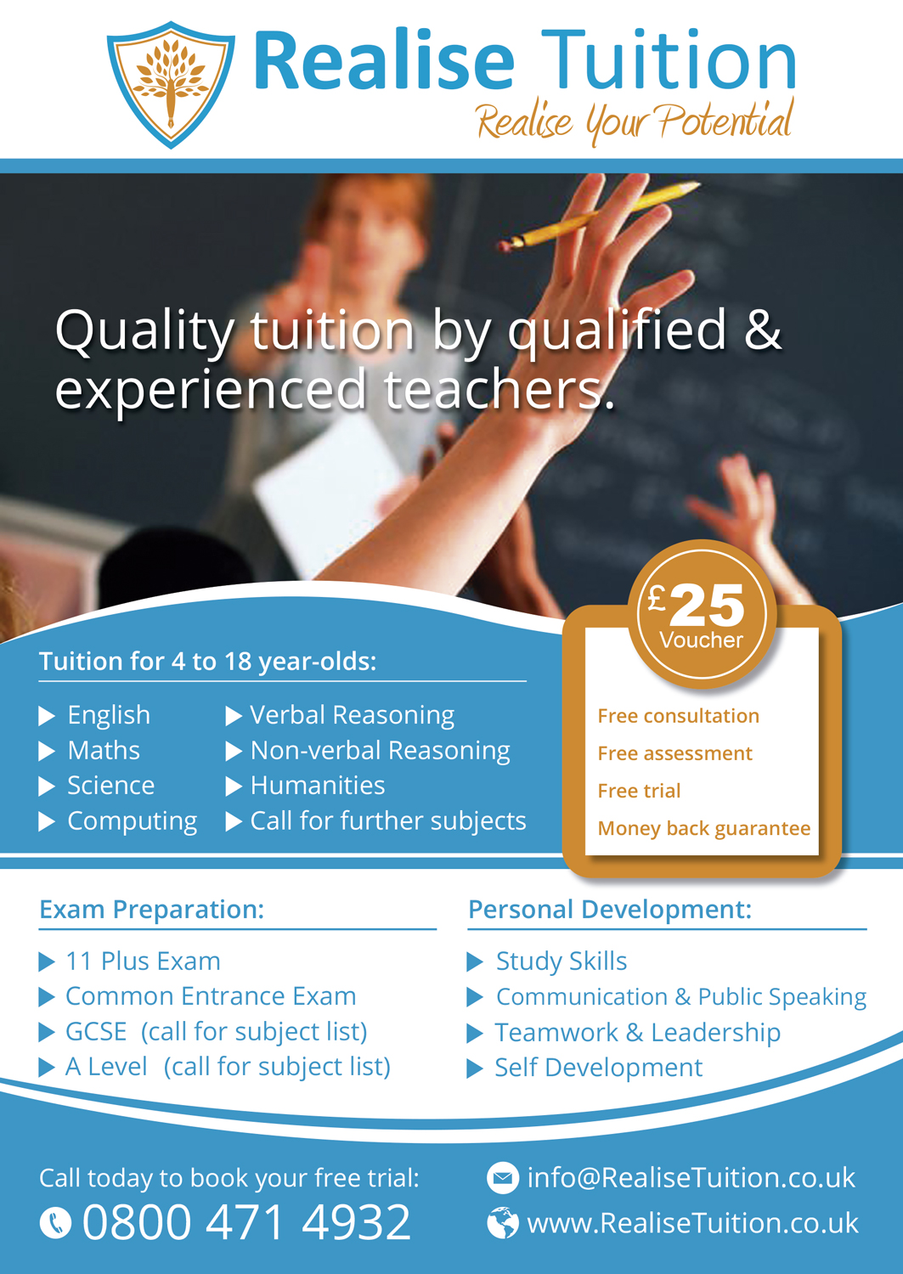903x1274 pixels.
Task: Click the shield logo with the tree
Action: tap(171, 83)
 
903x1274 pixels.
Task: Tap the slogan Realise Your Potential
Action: tap(634, 121)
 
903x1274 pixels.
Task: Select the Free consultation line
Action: tap(678, 716)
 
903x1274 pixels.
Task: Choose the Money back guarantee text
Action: tap(703, 828)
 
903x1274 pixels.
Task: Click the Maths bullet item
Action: tap(104, 751)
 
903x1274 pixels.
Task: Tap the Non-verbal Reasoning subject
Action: tap(380, 751)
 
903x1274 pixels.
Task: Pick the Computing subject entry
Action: tap(132, 821)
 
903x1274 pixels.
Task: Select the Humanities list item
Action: tap(317, 786)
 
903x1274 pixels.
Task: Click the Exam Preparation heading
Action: tap(151, 910)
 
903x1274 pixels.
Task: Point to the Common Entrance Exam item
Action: tap(211, 996)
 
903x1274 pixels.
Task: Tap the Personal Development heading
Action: tap(609, 910)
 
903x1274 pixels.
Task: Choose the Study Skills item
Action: tap(561, 961)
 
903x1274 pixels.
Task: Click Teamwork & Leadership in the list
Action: tap(637, 1032)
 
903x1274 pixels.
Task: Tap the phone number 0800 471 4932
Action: tap(246, 1222)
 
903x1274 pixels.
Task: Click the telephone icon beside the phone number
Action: tap(56, 1223)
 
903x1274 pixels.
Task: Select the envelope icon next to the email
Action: tap(503, 1178)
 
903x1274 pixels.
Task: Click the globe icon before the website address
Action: tap(503, 1223)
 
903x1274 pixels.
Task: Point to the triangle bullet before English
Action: tap(48, 716)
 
